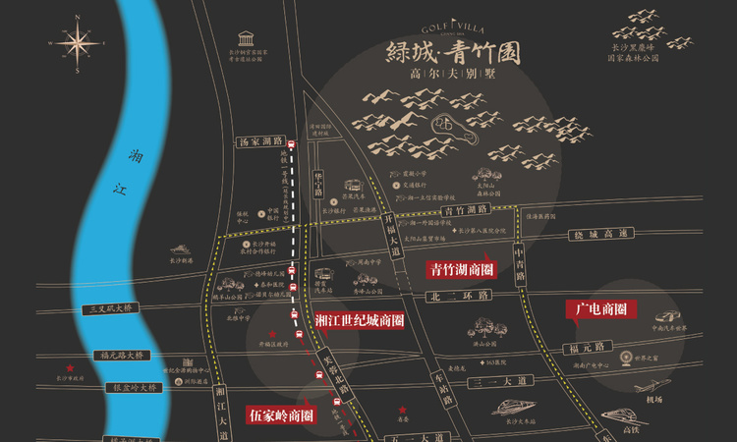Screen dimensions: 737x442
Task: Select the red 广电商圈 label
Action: (x=600, y=309)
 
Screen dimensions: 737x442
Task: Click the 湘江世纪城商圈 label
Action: (x=360, y=320)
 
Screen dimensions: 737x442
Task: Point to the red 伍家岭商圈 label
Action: (x=281, y=414)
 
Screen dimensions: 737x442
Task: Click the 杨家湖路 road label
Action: (x=260, y=141)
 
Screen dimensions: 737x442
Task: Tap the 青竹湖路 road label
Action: (x=465, y=209)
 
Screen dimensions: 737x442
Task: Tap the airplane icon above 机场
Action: (x=652, y=382)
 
